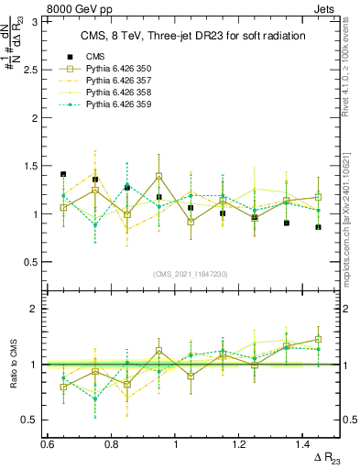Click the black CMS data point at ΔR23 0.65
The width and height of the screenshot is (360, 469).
63,174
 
